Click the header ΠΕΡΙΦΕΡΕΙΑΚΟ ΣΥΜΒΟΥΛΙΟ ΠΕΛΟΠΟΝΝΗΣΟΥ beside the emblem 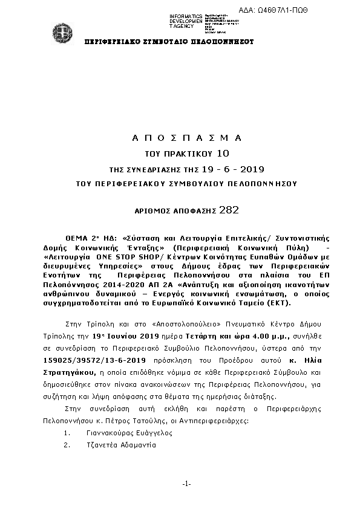point(169,42)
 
